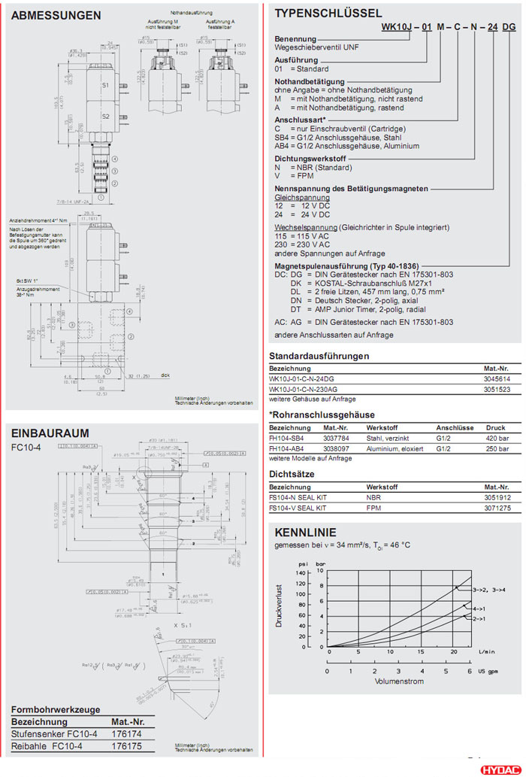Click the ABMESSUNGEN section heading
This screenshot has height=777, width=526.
[x=56, y=15]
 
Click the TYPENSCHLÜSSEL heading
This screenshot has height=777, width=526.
[x=328, y=13]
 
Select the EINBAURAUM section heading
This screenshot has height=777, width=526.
[x=50, y=433]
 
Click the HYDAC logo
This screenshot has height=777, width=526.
[x=499, y=769]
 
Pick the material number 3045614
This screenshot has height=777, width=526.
[x=497, y=379]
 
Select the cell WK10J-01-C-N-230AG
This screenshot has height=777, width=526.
[x=306, y=389]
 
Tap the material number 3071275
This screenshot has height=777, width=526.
[x=497, y=508]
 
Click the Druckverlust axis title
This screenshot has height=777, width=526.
[x=278, y=606]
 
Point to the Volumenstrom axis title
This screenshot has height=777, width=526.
[x=399, y=681]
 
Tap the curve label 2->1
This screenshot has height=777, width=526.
[x=479, y=618]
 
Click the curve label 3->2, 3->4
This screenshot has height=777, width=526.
[x=488, y=589]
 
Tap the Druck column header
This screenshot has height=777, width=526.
[x=496, y=427]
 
